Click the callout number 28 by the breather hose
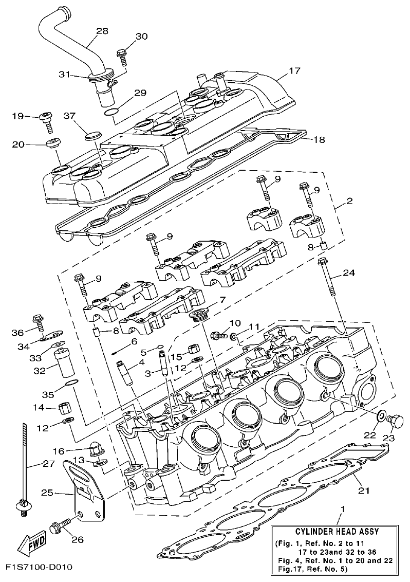pyautogui.click(x=102, y=31)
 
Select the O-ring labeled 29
pyautogui.click(x=109, y=112)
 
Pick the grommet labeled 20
pyautogui.click(x=53, y=142)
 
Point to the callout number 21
pyautogui.click(x=364, y=490)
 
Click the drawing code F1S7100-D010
pyautogui.click(x=39, y=568)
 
